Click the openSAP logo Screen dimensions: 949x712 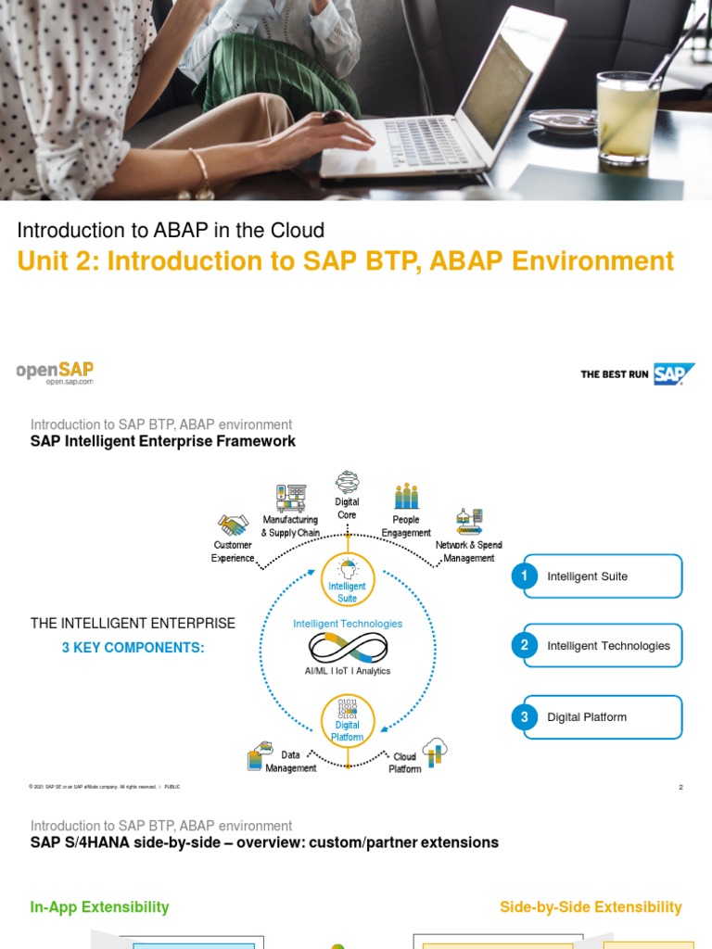pyautogui.click(x=56, y=373)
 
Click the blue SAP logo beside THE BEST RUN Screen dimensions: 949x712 pyautogui.click(x=673, y=373)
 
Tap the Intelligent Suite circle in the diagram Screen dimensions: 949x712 pyautogui.click(x=348, y=581)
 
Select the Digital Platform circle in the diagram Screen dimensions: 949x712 pyautogui.click(x=348, y=719)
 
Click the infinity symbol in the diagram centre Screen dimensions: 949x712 pyautogui.click(x=348, y=647)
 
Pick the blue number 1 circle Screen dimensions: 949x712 pyautogui.click(x=525, y=576)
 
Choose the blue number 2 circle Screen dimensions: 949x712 pyautogui.click(x=525, y=646)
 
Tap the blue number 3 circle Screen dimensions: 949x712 pyautogui.click(x=525, y=717)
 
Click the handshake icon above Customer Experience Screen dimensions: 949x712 pyautogui.click(x=233, y=525)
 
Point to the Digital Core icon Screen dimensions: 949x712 pyautogui.click(x=348, y=482)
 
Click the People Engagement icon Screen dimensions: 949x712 pyautogui.click(x=406, y=497)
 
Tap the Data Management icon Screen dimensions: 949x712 pyautogui.click(x=259, y=756)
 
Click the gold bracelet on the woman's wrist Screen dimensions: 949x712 pyautogui.click(x=200, y=169)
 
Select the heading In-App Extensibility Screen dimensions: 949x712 pyautogui.click(x=100, y=907)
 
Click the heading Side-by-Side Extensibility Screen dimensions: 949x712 pyautogui.click(x=591, y=907)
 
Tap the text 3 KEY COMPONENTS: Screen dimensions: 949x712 pyautogui.click(x=133, y=648)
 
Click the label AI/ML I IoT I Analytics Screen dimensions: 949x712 pyautogui.click(x=348, y=671)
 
